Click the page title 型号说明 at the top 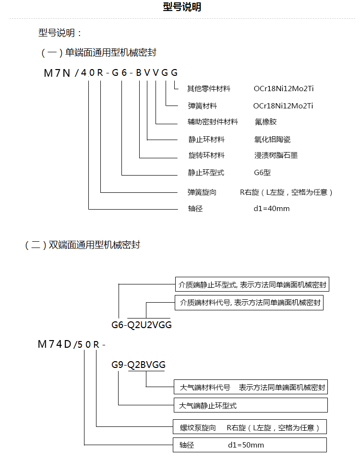tap(182, 7)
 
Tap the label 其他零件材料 tap(208, 89)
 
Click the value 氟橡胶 tap(265, 122)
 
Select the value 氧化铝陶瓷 tap(272, 140)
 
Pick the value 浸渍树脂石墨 tap(276, 155)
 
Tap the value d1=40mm tap(271, 209)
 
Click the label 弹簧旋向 tap(202, 192)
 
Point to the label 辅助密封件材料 tap(213, 122)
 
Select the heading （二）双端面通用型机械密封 tap(82, 245)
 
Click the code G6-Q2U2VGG tap(142, 325)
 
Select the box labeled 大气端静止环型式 tap(250, 405)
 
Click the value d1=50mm tap(246, 445)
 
